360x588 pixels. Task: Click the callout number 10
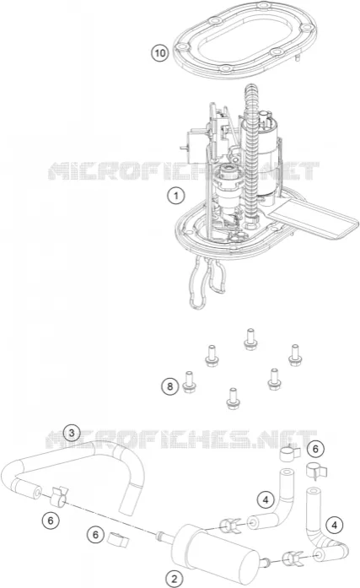[160, 53]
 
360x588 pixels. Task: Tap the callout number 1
[175, 196]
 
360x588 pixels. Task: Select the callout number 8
[170, 386]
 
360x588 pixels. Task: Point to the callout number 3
[72, 433]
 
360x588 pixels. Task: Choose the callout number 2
[175, 579]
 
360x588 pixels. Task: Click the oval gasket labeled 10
[245, 40]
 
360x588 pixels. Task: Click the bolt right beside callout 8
[189, 382]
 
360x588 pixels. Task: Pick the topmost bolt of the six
[250, 339]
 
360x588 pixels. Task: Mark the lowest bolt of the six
[233, 399]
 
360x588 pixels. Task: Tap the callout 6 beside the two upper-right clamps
[315, 449]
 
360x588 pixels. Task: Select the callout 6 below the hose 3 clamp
[51, 521]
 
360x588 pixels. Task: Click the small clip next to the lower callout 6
[118, 539]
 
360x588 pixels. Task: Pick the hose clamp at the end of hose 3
[60, 495]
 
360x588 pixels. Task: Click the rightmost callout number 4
[335, 525]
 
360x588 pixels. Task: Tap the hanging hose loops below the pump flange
[207, 281]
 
